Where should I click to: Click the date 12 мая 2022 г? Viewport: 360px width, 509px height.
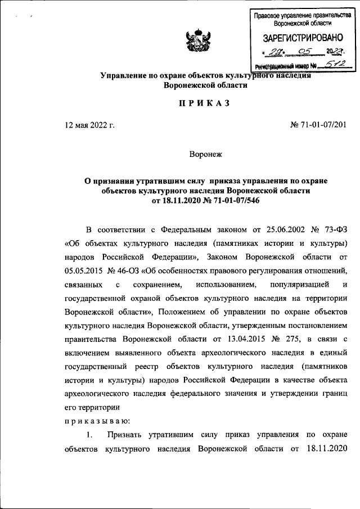tap(90, 125)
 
